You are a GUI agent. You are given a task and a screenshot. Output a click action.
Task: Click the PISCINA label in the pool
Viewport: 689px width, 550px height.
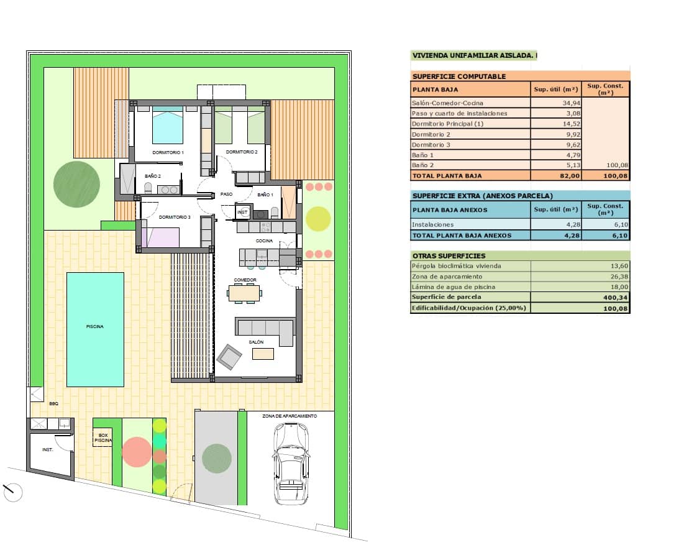[94, 326]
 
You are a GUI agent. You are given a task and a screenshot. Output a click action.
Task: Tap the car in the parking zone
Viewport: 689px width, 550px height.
[290, 463]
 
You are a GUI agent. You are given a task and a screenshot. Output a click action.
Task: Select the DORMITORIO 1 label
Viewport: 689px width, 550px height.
[168, 152]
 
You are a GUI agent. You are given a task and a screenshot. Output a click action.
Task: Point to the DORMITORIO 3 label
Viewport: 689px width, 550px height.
[175, 217]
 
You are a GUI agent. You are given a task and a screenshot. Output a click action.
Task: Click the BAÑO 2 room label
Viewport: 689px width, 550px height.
[152, 176]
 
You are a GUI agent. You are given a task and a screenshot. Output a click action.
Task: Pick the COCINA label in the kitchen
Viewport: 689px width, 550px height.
[265, 241]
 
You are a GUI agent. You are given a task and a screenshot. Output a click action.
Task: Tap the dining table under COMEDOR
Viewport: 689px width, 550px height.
[245, 293]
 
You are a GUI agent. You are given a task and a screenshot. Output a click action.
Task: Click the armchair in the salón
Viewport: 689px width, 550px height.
[229, 357]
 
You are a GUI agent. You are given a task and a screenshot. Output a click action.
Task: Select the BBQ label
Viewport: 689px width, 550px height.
[53, 404]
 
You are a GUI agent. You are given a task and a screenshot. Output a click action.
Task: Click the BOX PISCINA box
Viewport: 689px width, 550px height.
[103, 438]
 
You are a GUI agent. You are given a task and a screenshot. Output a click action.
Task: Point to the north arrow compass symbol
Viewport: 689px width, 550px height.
[12, 493]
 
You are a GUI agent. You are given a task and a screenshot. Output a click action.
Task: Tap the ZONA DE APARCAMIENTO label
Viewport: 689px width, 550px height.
[290, 416]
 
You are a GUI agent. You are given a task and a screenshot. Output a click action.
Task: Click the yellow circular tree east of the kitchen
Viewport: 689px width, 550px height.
[319, 218]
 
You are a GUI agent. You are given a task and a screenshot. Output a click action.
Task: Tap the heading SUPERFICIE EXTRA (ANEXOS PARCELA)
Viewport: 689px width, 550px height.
[482, 196]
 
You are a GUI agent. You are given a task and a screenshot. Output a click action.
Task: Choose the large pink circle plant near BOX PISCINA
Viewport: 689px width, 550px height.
[137, 452]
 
